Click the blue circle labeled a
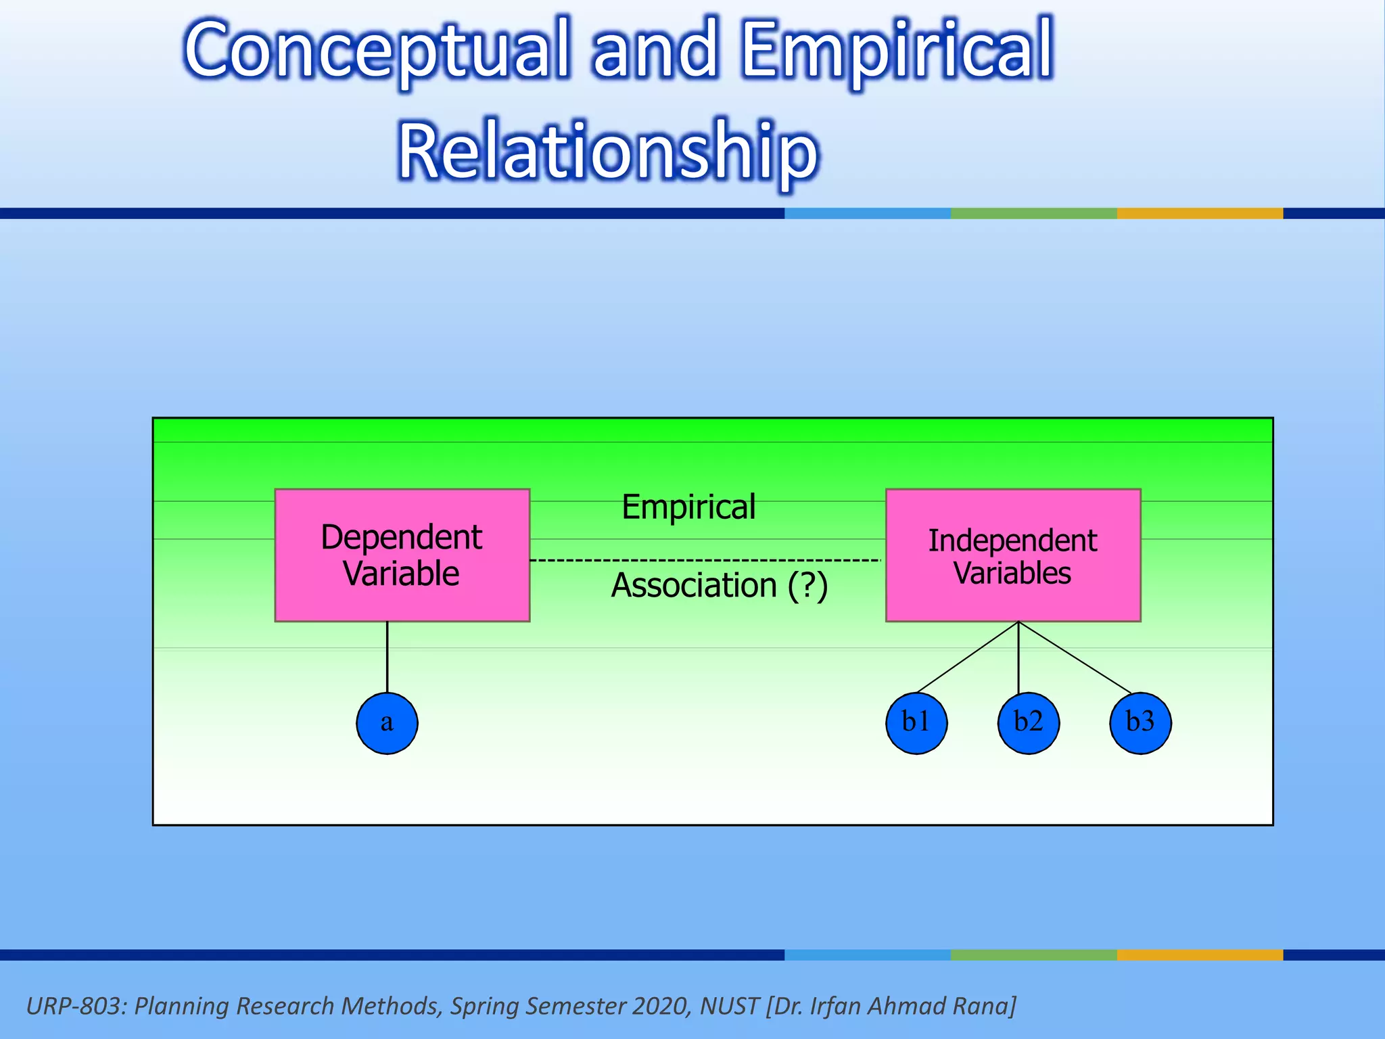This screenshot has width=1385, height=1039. pos(387,723)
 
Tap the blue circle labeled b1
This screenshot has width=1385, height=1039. pos(916,723)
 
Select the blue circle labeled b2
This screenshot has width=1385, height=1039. pos(1029,723)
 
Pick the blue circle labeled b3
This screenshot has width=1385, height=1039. pos(1140,723)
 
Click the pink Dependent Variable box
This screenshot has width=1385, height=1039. pos(402,555)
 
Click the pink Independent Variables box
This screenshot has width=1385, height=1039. pos(1013,555)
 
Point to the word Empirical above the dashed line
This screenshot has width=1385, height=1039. pos(688,507)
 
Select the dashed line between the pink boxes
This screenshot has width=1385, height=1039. pos(703,560)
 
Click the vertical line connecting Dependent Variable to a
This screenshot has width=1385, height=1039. pos(388,656)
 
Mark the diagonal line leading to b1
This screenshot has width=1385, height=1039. pos(967,657)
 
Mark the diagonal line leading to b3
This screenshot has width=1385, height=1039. pos(1075,657)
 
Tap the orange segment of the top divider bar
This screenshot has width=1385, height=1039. pos(1200,213)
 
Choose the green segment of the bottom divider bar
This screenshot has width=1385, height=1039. pos(1033,955)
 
